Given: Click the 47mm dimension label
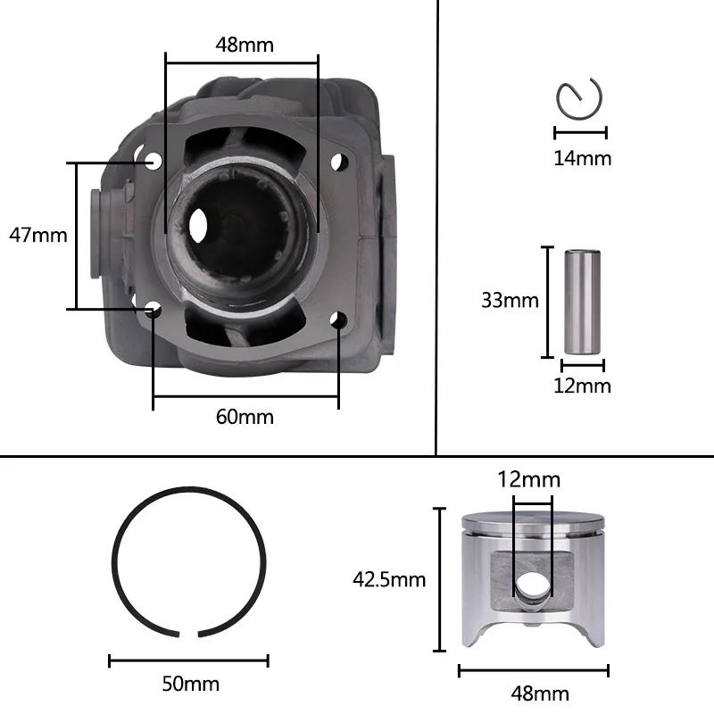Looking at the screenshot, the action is pyautogui.click(x=38, y=235).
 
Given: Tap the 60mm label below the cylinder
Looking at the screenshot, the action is pyautogui.click(x=245, y=417).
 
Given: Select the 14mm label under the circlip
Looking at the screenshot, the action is pyautogui.click(x=583, y=158).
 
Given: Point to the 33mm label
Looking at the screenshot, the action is pyautogui.click(x=510, y=300).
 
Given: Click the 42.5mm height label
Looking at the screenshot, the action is pyautogui.click(x=389, y=579).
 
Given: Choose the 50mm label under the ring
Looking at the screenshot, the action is pyautogui.click(x=191, y=684).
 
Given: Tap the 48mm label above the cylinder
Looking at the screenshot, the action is pyautogui.click(x=245, y=45).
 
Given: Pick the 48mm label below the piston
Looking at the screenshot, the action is pyautogui.click(x=540, y=693).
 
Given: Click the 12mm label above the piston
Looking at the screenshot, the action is pyautogui.click(x=528, y=479).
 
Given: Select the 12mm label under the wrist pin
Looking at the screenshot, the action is pyautogui.click(x=582, y=386).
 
